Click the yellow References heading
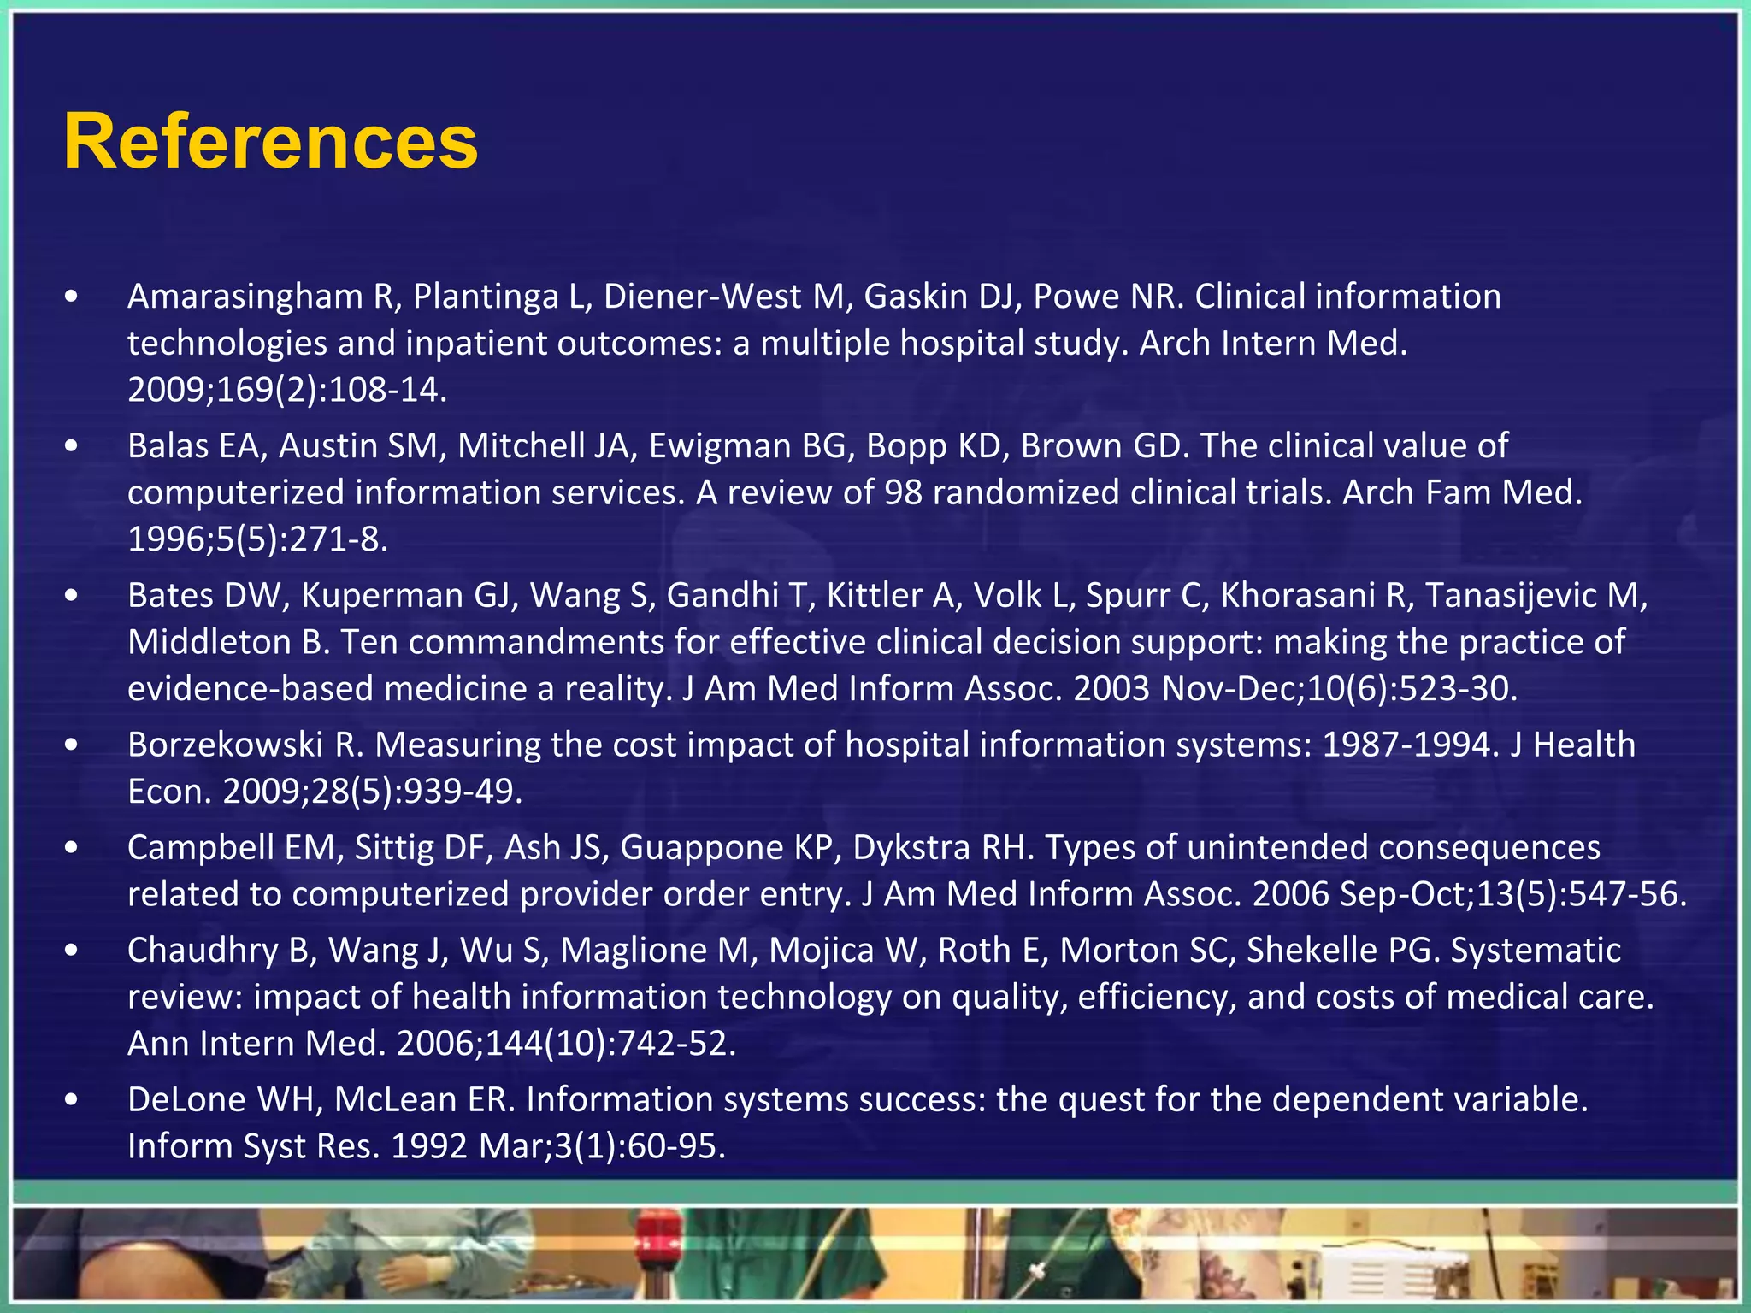tap(270, 142)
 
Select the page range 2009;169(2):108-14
tap(287, 390)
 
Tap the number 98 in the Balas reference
tap(903, 492)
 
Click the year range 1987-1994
tap(1406, 745)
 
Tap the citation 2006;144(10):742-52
tap(566, 1044)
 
